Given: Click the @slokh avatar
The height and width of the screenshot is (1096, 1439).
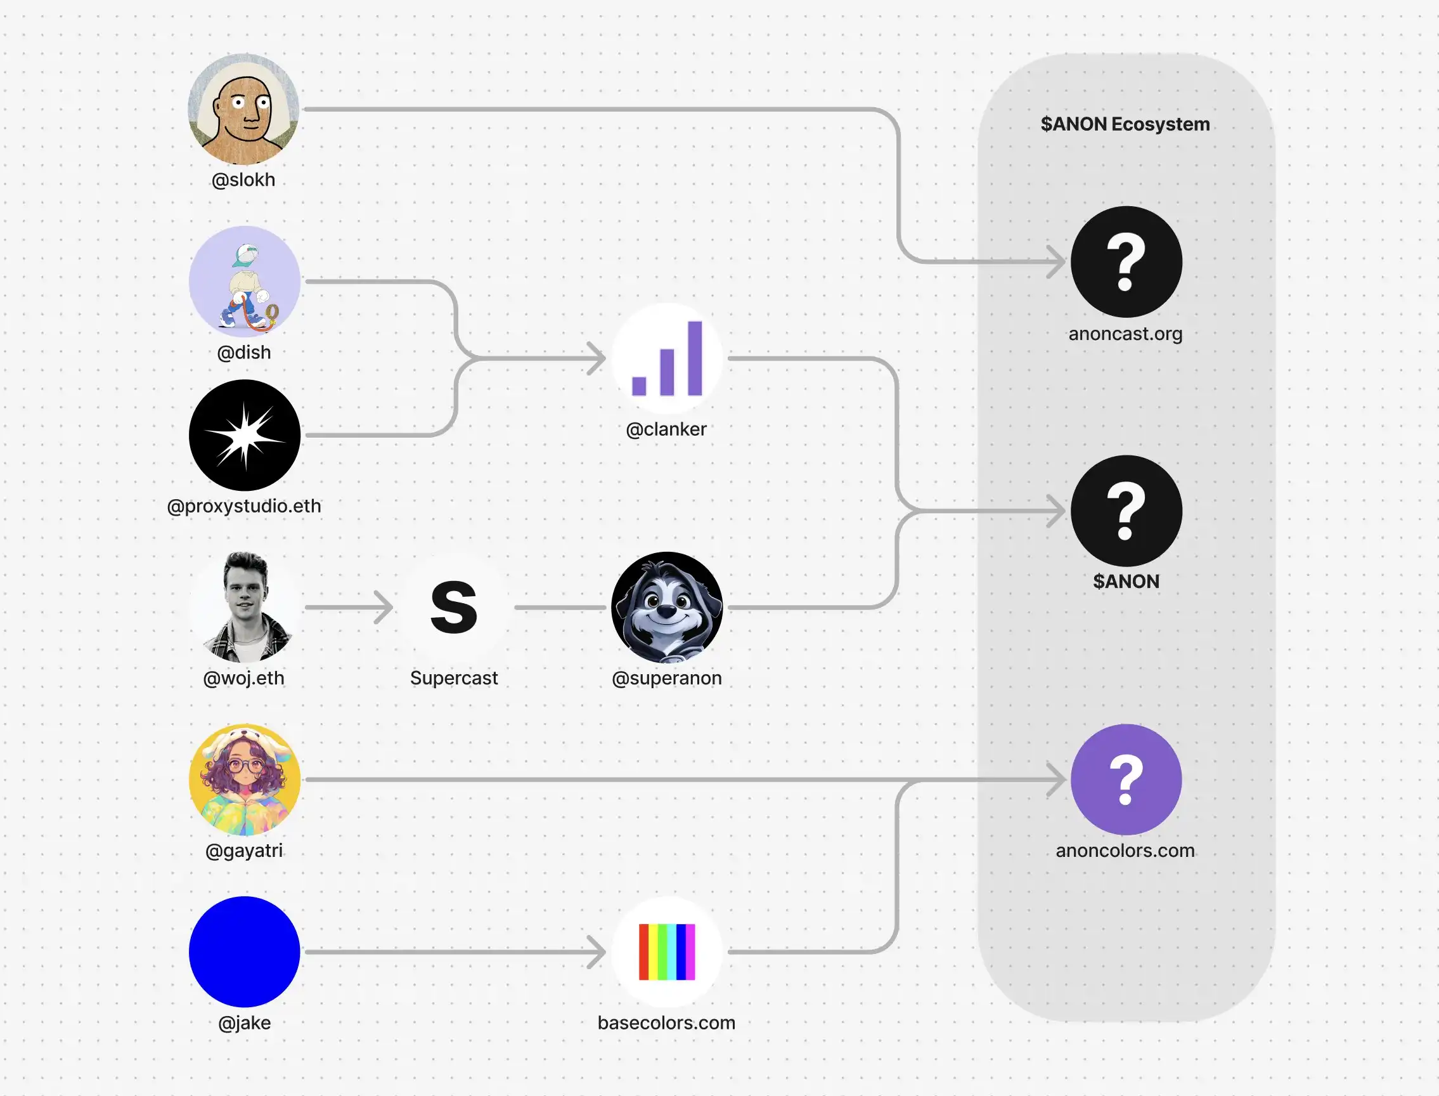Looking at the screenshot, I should (243, 109).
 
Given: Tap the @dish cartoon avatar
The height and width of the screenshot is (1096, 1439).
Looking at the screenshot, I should (245, 282).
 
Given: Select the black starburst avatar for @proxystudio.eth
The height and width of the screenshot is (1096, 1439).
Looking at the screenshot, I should (245, 435).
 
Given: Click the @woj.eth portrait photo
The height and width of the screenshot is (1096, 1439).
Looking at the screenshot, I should (245, 608).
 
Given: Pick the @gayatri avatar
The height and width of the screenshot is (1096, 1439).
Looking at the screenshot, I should (245, 780).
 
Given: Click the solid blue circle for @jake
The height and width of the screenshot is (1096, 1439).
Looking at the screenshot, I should (245, 952).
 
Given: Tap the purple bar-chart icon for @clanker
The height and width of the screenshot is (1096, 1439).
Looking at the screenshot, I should (667, 358).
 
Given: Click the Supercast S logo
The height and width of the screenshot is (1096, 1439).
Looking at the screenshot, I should (454, 608).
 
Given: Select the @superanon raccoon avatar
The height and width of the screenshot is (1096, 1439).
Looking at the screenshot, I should (667, 608).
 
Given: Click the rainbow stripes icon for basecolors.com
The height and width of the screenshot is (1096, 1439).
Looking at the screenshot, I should (667, 952).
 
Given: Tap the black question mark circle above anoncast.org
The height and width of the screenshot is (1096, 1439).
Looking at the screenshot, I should (1126, 261).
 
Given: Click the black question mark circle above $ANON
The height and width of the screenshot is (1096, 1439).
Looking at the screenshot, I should (1126, 511).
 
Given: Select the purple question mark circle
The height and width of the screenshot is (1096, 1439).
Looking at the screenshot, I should (1126, 780).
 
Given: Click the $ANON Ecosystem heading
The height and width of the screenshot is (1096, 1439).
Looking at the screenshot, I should (1125, 124).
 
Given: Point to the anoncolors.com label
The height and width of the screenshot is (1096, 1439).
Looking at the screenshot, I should (1125, 851).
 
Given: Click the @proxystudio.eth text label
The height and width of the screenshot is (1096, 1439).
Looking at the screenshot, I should (244, 506).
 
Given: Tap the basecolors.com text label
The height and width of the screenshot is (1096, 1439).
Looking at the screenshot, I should (666, 1023).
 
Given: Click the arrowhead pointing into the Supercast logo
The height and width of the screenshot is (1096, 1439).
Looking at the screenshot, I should (385, 608).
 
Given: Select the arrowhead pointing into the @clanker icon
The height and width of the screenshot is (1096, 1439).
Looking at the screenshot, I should (598, 358).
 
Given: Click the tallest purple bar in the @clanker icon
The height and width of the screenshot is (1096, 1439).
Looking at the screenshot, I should (694, 358).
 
